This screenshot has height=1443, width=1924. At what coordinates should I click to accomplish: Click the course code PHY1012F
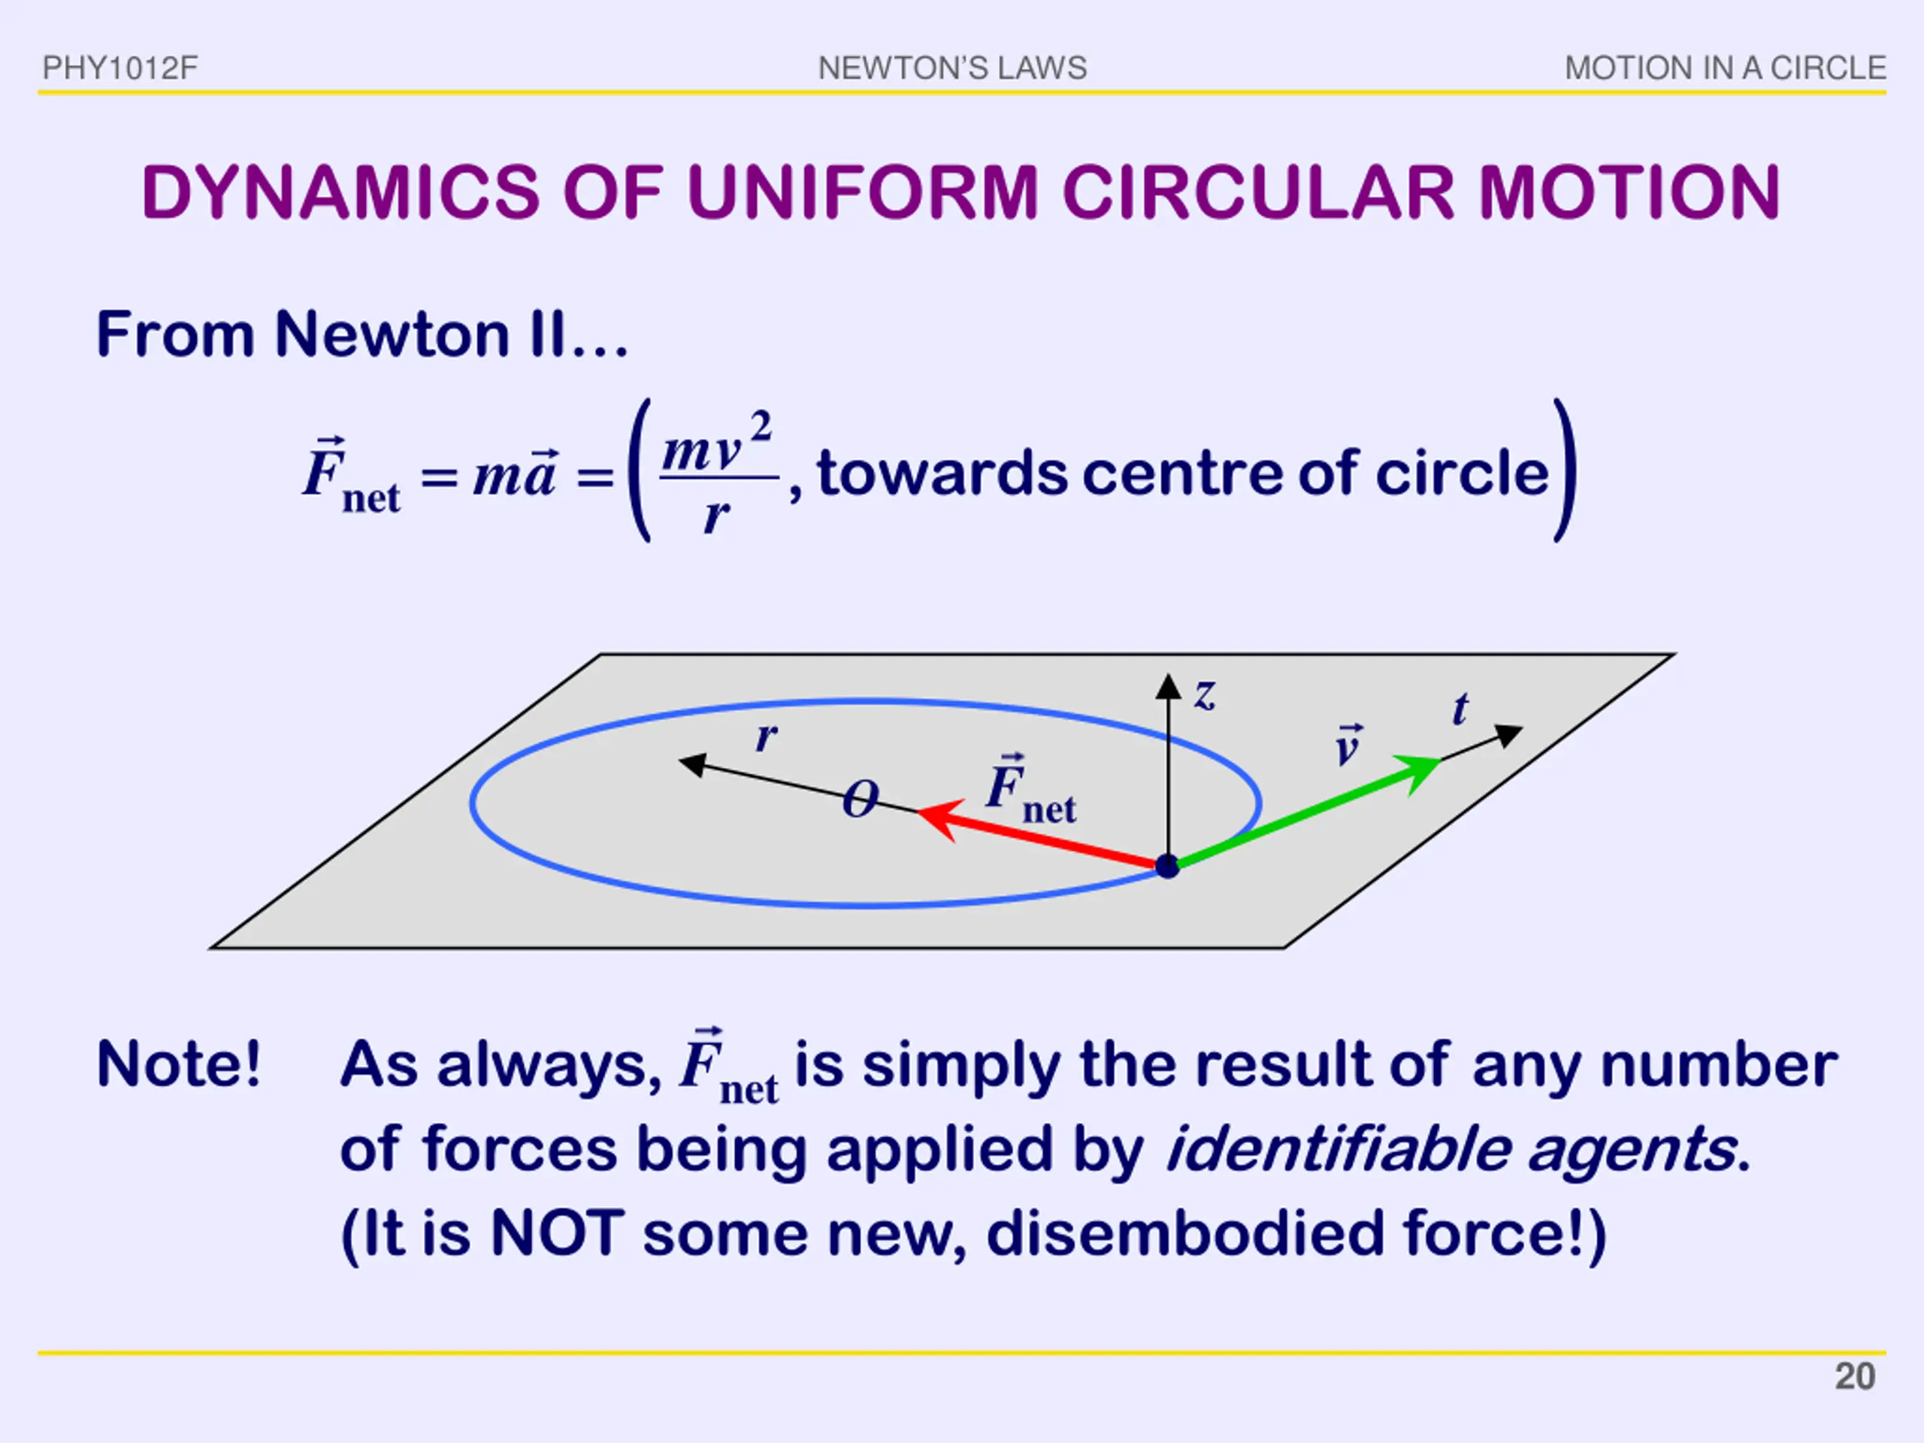point(120,68)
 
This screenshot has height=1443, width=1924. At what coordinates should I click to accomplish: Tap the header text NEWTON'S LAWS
point(952,68)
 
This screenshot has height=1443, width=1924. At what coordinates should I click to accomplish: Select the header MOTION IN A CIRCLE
point(1725,68)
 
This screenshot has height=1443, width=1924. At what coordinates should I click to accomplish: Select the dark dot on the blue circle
point(1167,866)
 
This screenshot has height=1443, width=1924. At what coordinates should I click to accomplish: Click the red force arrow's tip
point(919,812)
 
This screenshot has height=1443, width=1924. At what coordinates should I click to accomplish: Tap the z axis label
point(1205,696)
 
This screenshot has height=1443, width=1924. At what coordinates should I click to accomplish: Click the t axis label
point(1460,709)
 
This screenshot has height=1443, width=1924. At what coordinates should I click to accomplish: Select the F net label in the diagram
point(1030,789)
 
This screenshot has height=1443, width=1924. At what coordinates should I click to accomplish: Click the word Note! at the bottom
point(178,1065)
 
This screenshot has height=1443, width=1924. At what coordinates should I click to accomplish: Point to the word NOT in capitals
point(558,1233)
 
